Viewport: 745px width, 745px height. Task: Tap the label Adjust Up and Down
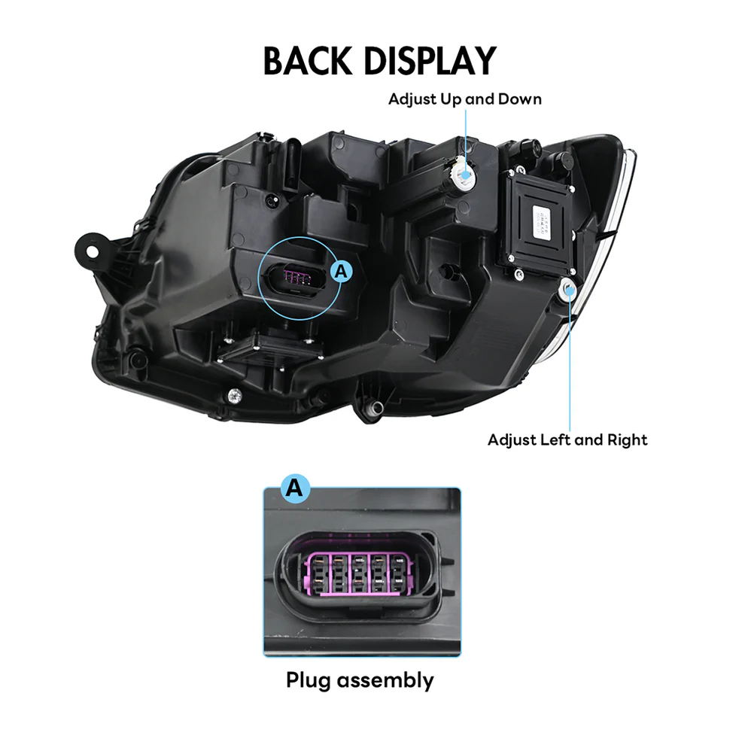coord(464,99)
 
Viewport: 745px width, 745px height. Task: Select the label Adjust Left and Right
coord(567,439)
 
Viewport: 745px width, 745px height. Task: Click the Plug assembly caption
coord(360,680)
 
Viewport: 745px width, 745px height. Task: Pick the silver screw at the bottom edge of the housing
coord(235,394)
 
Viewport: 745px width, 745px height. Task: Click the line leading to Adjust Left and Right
coord(570,361)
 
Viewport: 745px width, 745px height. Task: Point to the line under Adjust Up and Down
coord(466,135)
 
